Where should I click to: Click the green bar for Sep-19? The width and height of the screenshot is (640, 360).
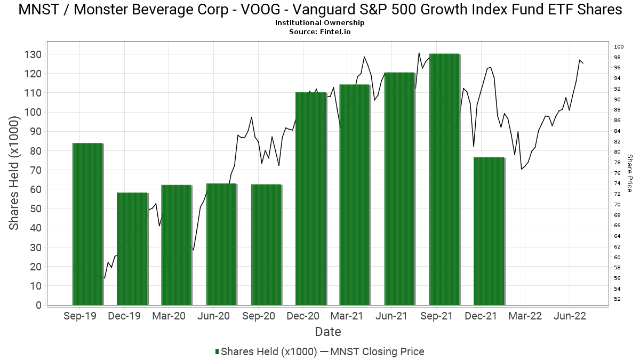click(x=87, y=224)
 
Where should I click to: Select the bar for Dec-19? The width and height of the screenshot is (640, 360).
click(x=132, y=249)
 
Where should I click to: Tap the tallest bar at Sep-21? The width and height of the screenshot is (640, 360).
click(x=444, y=179)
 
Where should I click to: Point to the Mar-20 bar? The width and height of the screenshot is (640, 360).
click(x=177, y=245)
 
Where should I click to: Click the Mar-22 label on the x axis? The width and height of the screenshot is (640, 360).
click(x=525, y=316)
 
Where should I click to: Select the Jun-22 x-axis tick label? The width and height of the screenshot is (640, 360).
click(x=570, y=316)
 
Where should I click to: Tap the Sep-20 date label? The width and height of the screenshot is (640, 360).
click(x=258, y=316)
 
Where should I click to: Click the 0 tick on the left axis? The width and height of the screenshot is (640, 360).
click(x=38, y=305)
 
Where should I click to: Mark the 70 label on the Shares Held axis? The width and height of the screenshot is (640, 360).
click(x=36, y=170)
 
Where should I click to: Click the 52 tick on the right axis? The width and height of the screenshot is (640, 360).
click(x=617, y=299)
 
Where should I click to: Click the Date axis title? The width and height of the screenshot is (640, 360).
click(x=328, y=332)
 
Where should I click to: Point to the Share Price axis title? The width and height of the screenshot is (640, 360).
click(x=629, y=173)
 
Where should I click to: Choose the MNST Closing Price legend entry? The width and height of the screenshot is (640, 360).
click(x=378, y=351)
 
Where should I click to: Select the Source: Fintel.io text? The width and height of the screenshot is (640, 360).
click(x=320, y=31)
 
